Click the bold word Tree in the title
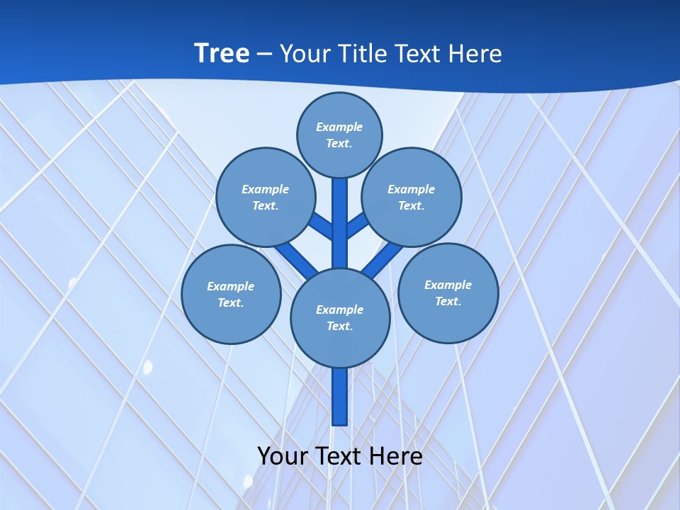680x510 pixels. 222,53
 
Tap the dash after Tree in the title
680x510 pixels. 265,54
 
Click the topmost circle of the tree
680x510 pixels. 339,135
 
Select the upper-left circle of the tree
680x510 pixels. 266,197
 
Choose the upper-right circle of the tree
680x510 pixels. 412,197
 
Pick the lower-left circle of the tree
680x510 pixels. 231,294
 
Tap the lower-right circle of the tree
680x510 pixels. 448,293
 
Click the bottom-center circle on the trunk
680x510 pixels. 340,317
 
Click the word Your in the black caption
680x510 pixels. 283,455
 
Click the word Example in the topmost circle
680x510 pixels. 339,127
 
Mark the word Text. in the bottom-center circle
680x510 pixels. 340,326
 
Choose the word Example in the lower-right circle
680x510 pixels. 448,285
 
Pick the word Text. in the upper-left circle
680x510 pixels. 266,205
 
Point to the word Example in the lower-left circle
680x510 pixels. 230,286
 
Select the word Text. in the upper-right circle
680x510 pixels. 412,205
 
